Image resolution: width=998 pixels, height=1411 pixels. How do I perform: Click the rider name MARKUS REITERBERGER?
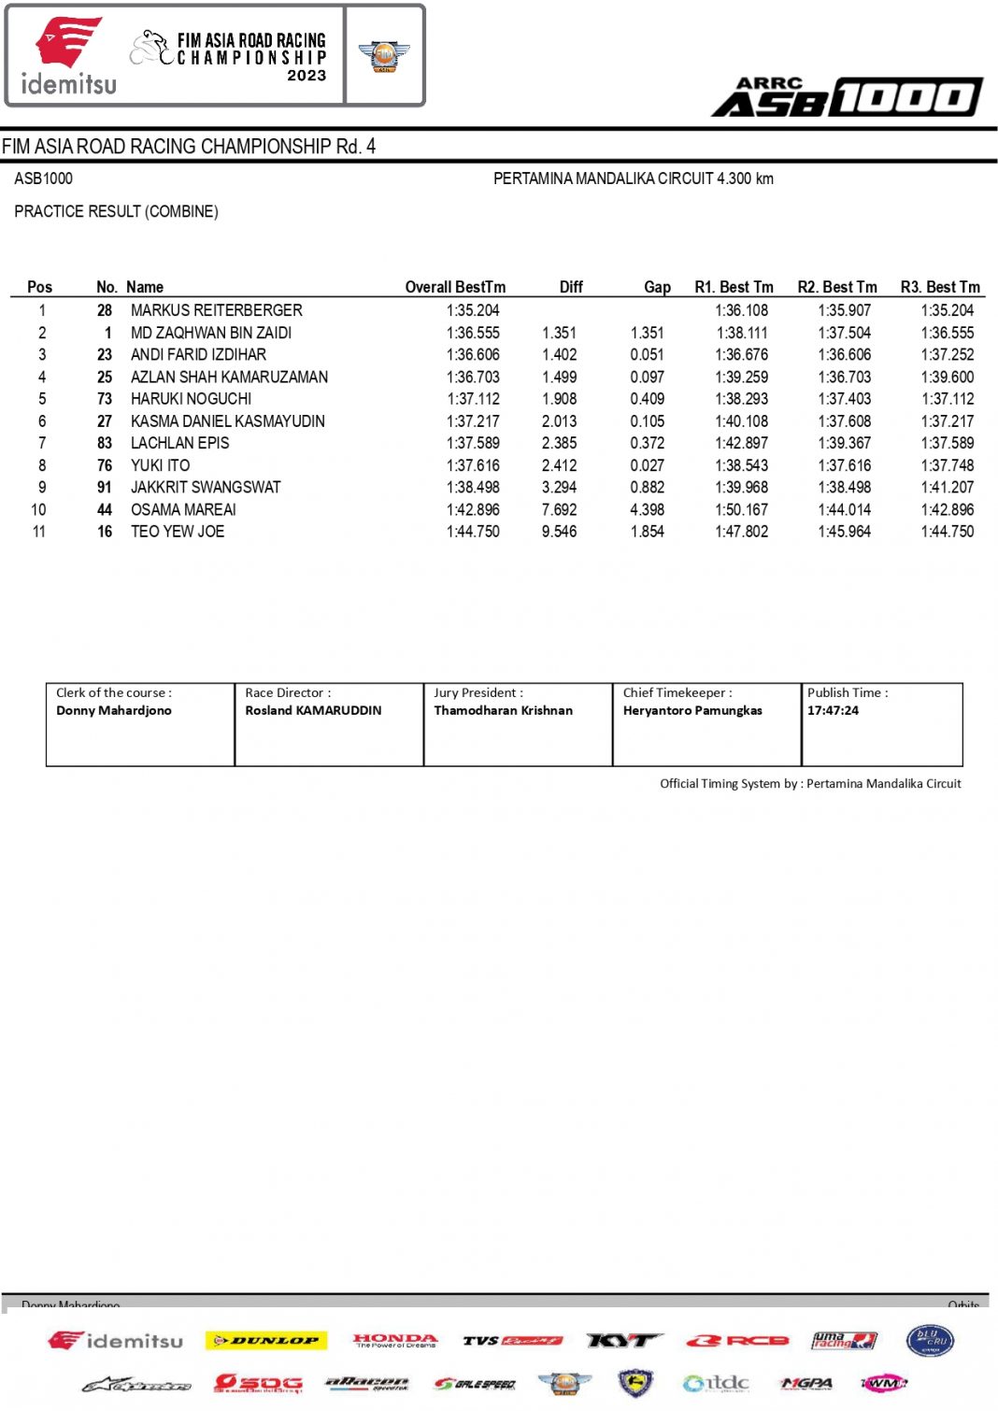coord(216,310)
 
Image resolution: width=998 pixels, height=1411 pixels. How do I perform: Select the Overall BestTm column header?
coord(455,287)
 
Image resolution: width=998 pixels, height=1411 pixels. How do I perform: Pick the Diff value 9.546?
coord(559,532)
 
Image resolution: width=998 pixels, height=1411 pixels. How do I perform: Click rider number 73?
coord(105,399)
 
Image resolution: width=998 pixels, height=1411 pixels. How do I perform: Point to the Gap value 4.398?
coord(647,509)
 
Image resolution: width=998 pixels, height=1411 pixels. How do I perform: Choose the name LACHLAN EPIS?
coord(179,443)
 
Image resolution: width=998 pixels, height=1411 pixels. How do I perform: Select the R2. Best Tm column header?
coord(836,287)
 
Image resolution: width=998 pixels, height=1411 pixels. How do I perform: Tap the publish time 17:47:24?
coord(833,710)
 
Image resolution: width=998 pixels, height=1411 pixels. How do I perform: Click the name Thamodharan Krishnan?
coord(503,710)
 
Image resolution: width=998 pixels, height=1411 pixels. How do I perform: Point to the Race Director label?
coord(288,692)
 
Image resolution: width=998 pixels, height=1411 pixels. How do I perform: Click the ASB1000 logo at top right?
coord(848,97)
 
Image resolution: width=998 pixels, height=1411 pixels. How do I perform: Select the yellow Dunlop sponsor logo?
coord(266,1341)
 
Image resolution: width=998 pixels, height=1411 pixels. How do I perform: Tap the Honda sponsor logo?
coord(394,1340)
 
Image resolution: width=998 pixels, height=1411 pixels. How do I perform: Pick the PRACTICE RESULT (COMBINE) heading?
coord(116,211)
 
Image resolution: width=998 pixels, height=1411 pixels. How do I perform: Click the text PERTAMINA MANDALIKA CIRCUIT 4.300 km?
coord(633,178)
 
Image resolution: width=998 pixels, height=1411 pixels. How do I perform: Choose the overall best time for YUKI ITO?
coord(473,465)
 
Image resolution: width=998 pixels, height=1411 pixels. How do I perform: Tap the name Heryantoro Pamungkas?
coord(692,710)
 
